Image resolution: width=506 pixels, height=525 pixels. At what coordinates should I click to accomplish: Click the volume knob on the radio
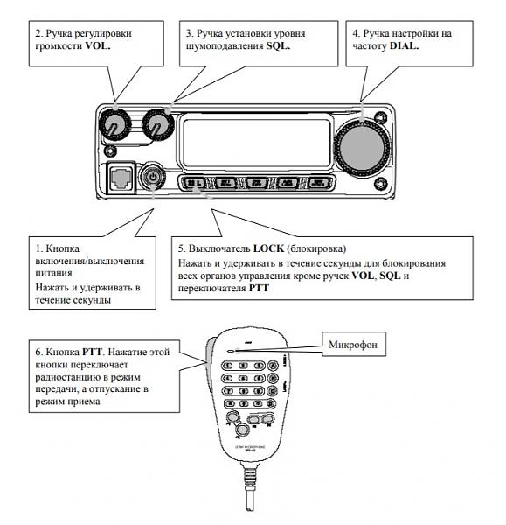tap(112, 124)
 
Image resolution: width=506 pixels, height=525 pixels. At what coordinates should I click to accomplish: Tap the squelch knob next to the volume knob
tap(157, 124)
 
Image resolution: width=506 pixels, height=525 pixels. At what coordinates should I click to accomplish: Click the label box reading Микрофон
tap(352, 343)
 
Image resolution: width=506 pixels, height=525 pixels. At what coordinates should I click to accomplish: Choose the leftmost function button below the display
tap(193, 184)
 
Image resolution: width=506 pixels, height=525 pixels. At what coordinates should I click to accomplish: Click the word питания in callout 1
tap(56, 274)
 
